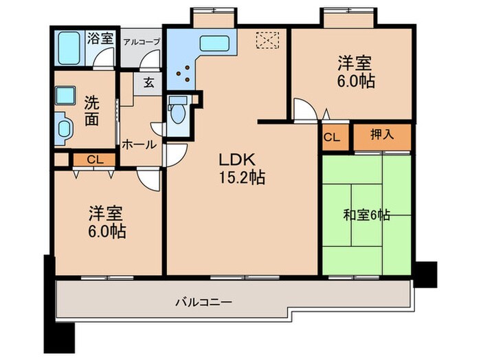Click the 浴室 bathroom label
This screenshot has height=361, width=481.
tap(100, 39)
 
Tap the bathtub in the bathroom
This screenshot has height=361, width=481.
tap(69, 47)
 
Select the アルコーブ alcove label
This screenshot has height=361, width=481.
tap(142, 42)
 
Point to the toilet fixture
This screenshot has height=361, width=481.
tap(177, 110)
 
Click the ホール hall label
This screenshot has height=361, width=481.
tap(139, 145)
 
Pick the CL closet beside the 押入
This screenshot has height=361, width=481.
tap(332, 137)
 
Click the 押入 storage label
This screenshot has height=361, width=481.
tap(382, 135)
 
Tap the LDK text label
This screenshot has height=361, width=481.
tap(237, 160)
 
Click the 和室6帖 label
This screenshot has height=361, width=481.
tap(366, 215)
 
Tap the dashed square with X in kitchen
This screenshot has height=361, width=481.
tap(264, 41)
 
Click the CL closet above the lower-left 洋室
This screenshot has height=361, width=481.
tap(95, 160)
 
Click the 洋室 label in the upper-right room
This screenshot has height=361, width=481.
tap(355, 63)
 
